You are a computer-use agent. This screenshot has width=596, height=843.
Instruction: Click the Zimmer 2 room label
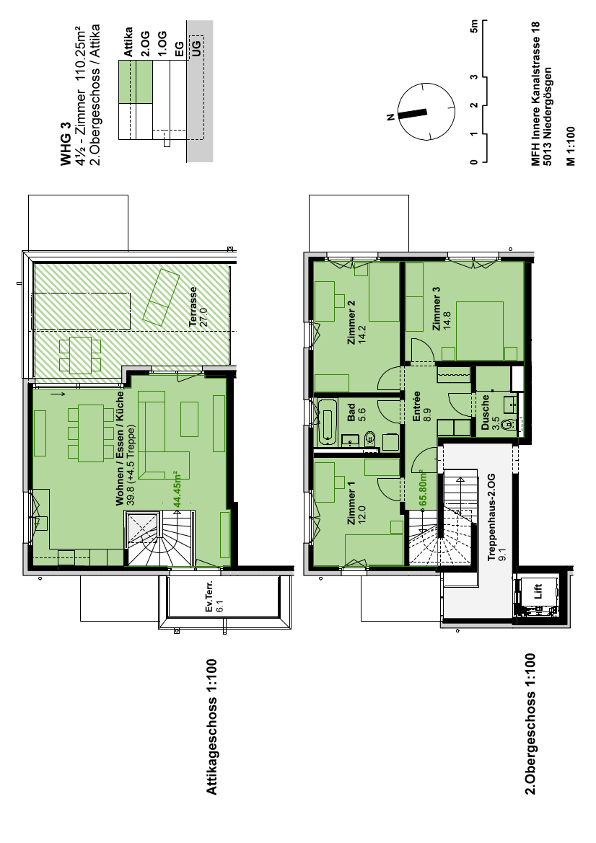point(351,322)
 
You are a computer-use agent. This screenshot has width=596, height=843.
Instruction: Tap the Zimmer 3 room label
point(436,308)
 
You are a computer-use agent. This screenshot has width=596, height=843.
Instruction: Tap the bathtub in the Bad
point(327,423)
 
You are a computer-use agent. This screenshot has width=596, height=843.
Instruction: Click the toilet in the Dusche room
point(507,425)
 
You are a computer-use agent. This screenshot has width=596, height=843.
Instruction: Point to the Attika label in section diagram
point(128,42)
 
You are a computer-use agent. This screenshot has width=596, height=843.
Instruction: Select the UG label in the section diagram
point(196,48)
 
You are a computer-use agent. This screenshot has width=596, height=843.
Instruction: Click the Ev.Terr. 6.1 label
point(214,596)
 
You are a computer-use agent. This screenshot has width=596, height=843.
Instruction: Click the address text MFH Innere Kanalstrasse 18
point(535,94)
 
